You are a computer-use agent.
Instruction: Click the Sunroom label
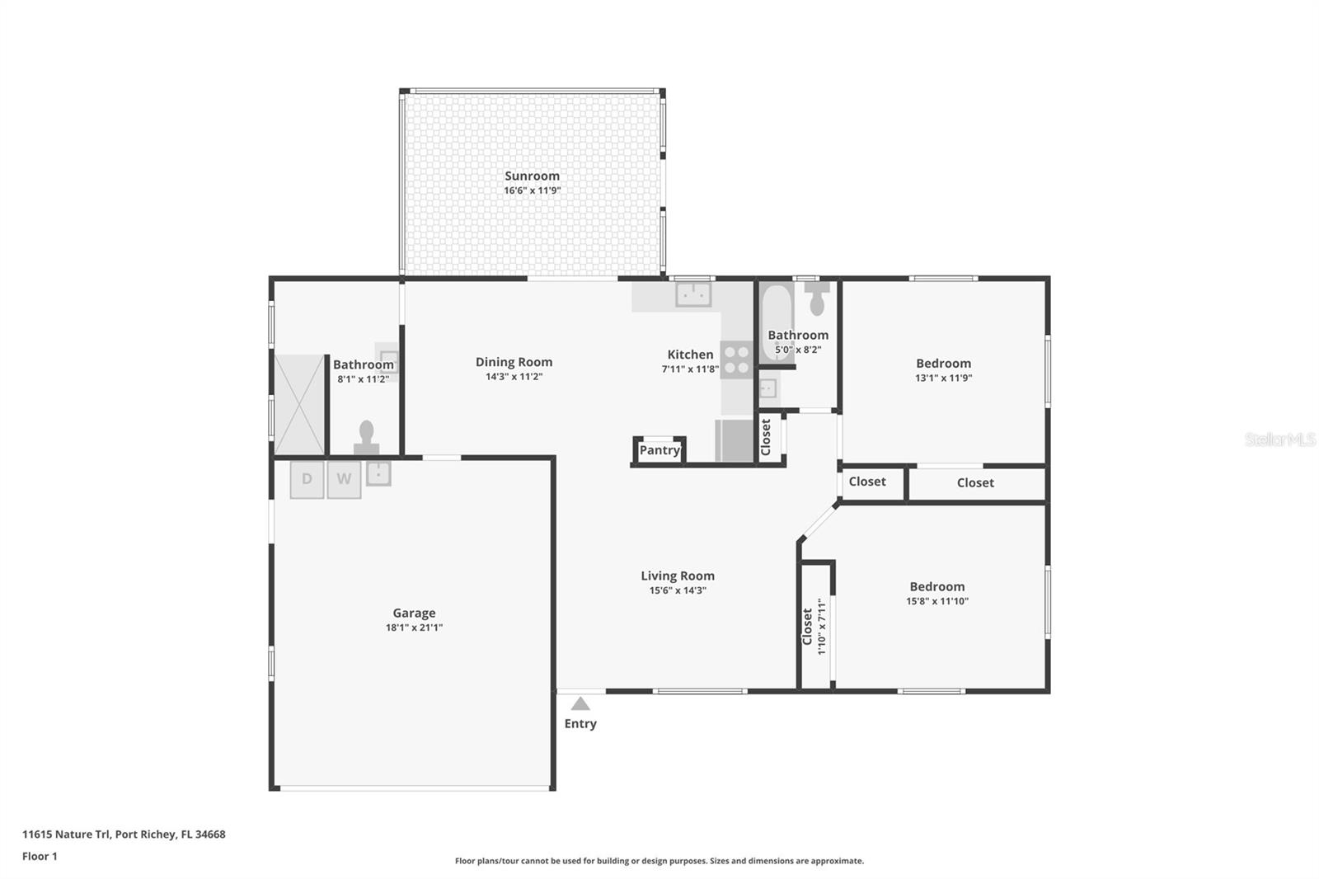[x=532, y=176]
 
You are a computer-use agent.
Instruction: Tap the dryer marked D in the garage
[x=307, y=479]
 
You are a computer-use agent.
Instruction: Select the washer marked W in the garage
[x=344, y=479]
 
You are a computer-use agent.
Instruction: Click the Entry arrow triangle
[x=580, y=704]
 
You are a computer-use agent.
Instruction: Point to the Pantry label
[x=659, y=450]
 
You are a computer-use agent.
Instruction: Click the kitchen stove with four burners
[x=736, y=360]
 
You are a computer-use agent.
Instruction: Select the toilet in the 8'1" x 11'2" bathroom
[x=367, y=437]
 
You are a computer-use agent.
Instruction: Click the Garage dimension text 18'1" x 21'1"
[x=414, y=628]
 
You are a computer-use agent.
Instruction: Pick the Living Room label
[x=678, y=576]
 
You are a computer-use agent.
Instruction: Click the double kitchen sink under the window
[x=693, y=294]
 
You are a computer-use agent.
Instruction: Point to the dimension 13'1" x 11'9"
[x=943, y=378]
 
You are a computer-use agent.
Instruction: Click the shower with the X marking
[x=299, y=404]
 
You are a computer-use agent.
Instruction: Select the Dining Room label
[x=514, y=361]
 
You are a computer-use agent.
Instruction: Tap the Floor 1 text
[x=40, y=856]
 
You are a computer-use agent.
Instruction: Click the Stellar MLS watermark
[x=1279, y=439]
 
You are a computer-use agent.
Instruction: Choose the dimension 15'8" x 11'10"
[x=937, y=601]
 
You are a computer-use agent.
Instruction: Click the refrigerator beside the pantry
[x=734, y=440]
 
